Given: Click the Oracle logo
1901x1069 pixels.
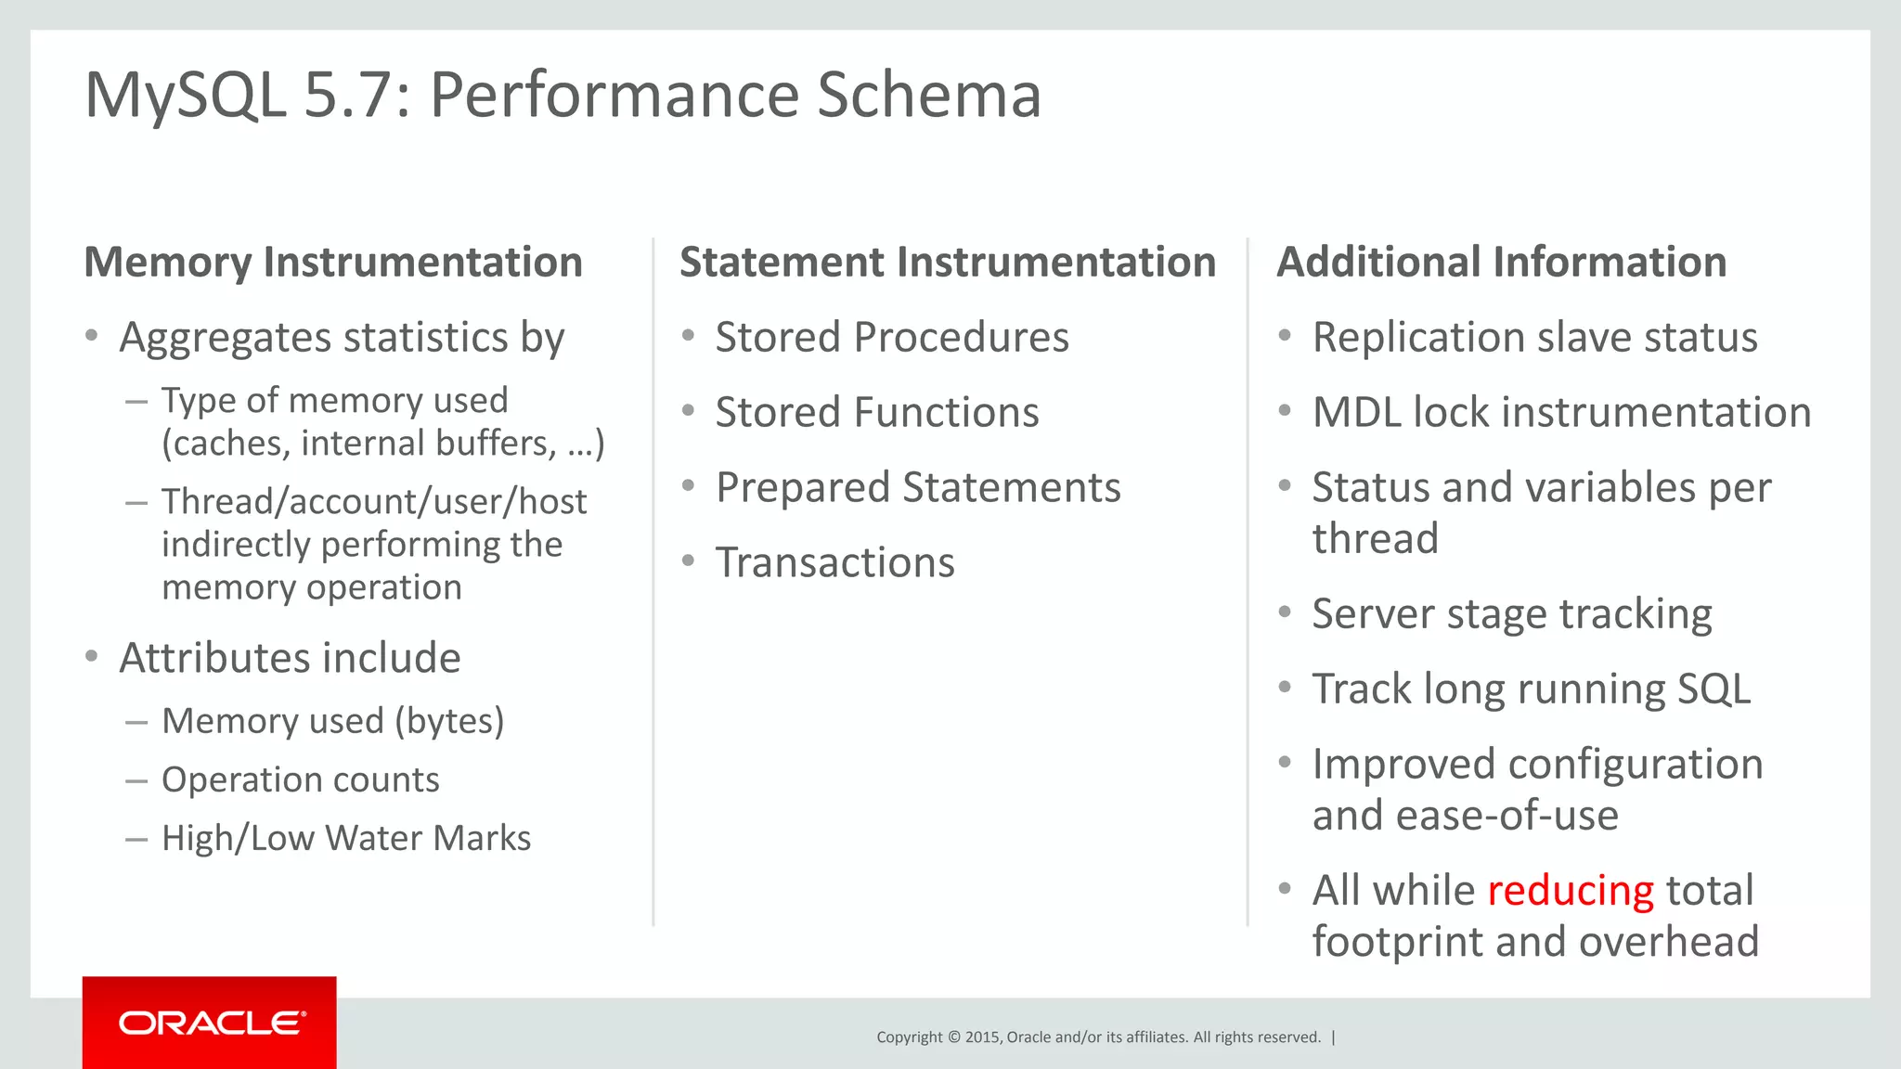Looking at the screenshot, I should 212,1023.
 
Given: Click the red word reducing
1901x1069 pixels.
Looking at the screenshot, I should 1571,891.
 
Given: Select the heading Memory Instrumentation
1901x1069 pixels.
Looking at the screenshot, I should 333,262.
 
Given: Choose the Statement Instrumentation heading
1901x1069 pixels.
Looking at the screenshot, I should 948,262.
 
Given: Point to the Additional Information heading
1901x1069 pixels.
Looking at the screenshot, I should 1501,262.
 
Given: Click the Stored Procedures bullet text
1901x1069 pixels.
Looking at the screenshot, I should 891,337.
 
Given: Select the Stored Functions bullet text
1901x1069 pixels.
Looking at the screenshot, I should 876,412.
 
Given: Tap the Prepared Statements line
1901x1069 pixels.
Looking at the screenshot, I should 917,487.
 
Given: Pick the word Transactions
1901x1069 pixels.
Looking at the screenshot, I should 834,562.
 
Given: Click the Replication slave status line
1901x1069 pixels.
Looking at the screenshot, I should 1534,337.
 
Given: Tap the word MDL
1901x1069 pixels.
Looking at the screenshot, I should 1356,412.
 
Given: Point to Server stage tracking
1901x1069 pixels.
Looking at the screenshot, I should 1511,613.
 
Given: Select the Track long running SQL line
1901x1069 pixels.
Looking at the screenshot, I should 1531,689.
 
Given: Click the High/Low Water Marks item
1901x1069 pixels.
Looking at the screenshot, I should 345,838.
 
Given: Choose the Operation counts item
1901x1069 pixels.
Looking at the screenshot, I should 300,779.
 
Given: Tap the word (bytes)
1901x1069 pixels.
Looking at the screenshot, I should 449,721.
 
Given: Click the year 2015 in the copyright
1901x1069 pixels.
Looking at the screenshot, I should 982,1037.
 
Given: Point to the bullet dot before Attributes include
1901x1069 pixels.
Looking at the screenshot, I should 91,657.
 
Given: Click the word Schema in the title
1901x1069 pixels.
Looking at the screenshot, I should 928,95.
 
